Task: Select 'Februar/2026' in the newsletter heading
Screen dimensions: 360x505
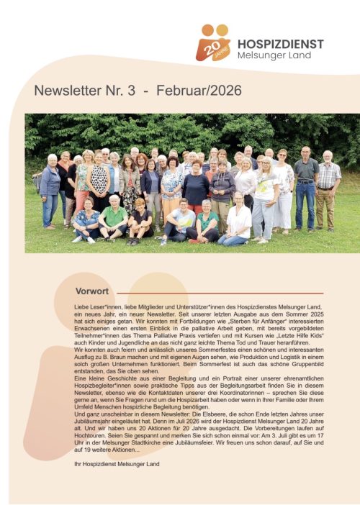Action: [x=199, y=91]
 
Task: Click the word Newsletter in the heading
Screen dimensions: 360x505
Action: [x=69, y=91]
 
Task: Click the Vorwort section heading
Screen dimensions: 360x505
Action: [x=91, y=291]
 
